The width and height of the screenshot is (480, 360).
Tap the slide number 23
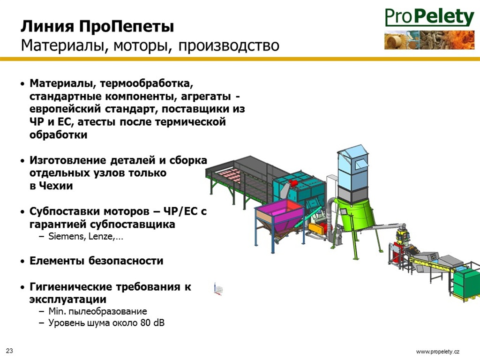pos(9,351)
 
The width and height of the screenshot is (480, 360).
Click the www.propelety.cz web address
pos(438,352)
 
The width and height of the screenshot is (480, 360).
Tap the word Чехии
pos(56,186)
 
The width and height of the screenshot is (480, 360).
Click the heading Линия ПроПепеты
pos(97,26)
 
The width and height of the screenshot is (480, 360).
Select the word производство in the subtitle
pos(229,46)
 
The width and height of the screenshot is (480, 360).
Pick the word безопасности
pos(126,261)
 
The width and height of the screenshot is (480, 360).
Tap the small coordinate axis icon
pos(218,289)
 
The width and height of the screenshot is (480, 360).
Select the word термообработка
pos(146,83)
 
